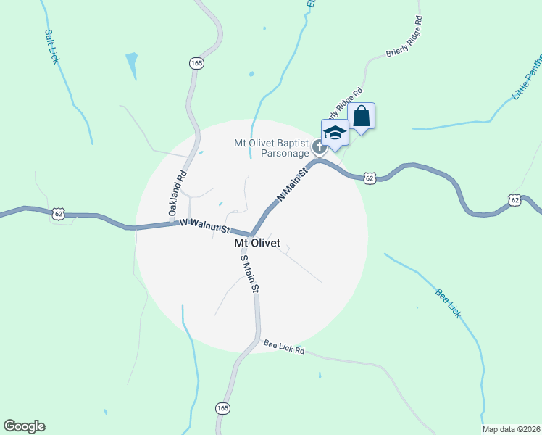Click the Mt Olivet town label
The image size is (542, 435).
(x=257, y=244)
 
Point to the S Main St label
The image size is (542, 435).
(x=249, y=273)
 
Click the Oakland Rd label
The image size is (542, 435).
(x=178, y=193)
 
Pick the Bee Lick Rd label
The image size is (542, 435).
(x=283, y=347)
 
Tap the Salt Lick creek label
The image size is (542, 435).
(x=51, y=46)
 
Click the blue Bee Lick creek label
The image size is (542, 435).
(x=448, y=302)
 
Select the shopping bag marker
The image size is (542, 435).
(x=362, y=116)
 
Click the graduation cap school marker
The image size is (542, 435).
(x=335, y=133)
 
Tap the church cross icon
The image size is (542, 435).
(x=317, y=148)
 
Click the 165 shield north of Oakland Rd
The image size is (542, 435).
(x=197, y=64)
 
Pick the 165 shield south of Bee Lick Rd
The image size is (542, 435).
(x=222, y=409)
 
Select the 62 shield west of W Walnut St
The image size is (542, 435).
(x=59, y=213)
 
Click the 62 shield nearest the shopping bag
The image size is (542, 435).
(x=370, y=178)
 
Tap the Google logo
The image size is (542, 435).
(x=24, y=426)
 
